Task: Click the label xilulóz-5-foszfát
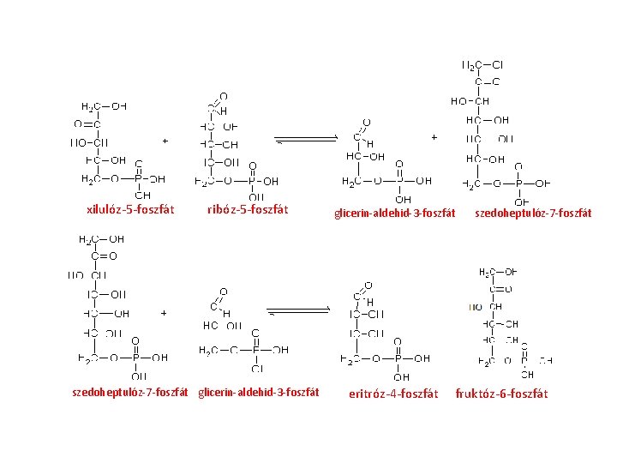(130, 209)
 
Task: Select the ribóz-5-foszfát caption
(248, 209)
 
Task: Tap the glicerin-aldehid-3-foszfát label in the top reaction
(394, 213)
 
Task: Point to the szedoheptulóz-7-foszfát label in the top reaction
(532, 213)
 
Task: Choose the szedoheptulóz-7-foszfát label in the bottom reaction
(129, 393)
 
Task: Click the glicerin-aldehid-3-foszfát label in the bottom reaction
(259, 393)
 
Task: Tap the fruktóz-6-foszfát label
(501, 394)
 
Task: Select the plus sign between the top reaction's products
(434, 136)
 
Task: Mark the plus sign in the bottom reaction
(163, 313)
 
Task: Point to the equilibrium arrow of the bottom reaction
(299, 310)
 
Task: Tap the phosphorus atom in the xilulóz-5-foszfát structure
(138, 179)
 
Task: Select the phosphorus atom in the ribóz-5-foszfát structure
(252, 182)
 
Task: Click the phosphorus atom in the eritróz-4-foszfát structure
(398, 358)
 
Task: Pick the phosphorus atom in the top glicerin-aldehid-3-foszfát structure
(398, 182)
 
